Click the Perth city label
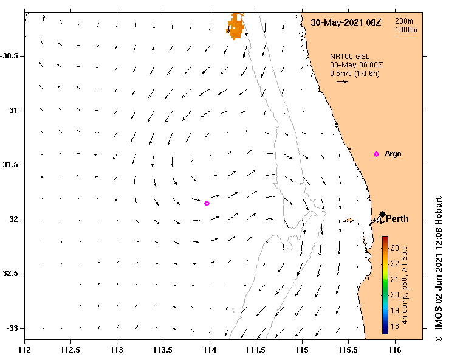[397, 219]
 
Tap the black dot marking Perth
[382, 214]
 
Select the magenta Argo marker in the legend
[376, 154]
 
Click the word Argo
[393, 154]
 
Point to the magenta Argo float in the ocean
[207, 203]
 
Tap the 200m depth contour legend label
[405, 21]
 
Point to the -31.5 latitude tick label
[12, 165]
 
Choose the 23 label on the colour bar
[394, 248]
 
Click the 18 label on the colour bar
[394, 327]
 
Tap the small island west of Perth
[349, 221]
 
